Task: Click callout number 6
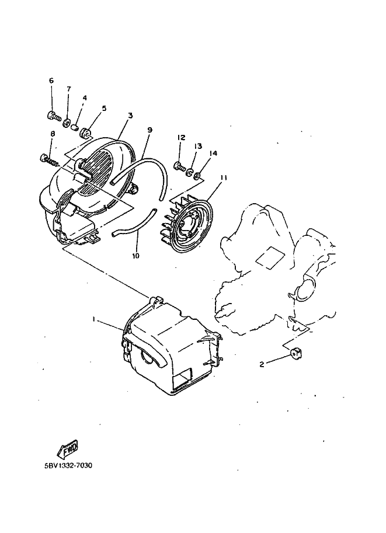(x=51, y=81)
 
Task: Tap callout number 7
(x=68, y=89)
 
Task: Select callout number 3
(x=130, y=116)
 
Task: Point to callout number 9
(x=149, y=130)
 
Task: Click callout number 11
(x=223, y=177)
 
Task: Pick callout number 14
(x=213, y=154)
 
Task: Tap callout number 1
(x=93, y=320)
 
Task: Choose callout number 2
(x=262, y=364)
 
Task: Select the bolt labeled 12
(x=179, y=165)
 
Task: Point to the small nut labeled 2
(x=295, y=352)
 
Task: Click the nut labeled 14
(x=200, y=175)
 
